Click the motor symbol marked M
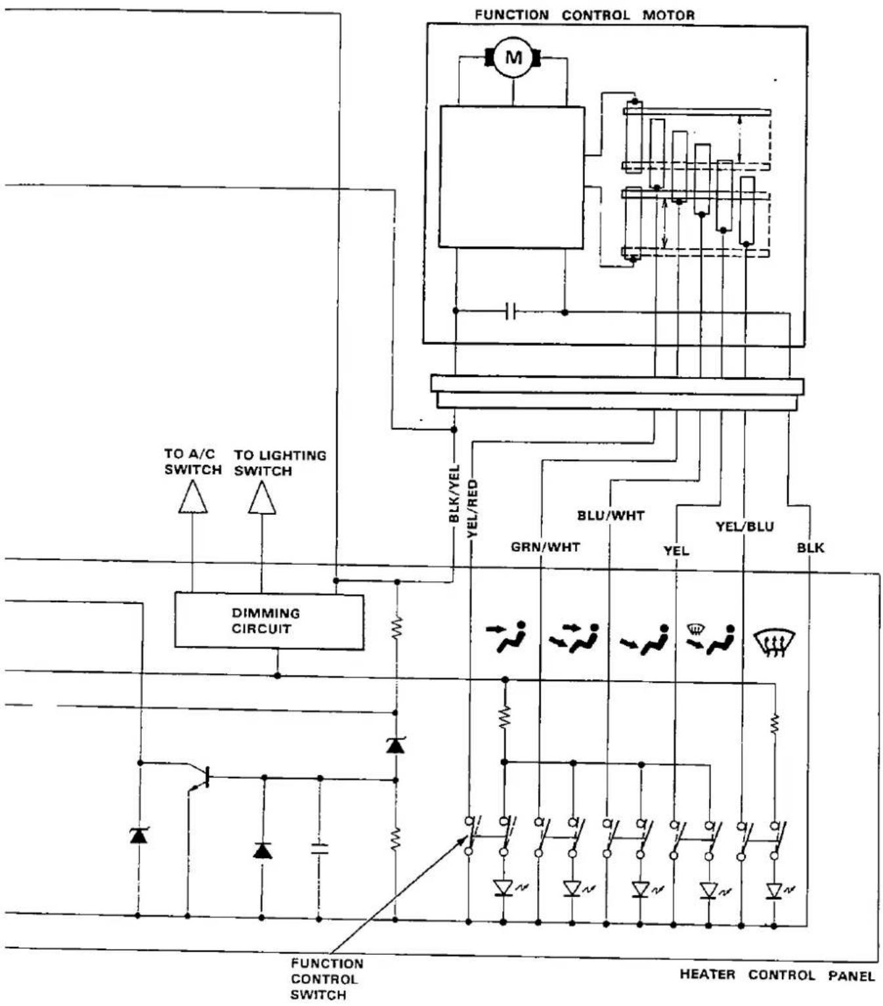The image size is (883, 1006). pyautogui.click(x=513, y=57)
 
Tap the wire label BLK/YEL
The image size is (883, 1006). pyautogui.click(x=454, y=494)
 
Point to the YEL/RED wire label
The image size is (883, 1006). pyautogui.click(x=472, y=508)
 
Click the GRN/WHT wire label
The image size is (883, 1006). pyautogui.click(x=545, y=547)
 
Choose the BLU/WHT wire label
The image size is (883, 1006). pyautogui.click(x=611, y=515)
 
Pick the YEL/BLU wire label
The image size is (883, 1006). pyautogui.click(x=744, y=527)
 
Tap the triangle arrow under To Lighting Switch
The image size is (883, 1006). pyautogui.click(x=262, y=498)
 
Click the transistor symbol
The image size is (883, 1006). pyautogui.click(x=201, y=777)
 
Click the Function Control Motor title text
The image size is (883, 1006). pyautogui.click(x=584, y=15)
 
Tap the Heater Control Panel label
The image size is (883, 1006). pyautogui.click(x=777, y=975)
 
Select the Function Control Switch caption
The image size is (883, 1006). pyautogui.click(x=326, y=979)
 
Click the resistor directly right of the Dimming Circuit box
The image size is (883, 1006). pyautogui.click(x=396, y=628)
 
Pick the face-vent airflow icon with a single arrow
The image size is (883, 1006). pyautogui.click(x=506, y=636)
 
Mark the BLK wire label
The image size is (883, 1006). pyautogui.click(x=810, y=548)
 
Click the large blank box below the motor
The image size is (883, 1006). pyautogui.click(x=511, y=177)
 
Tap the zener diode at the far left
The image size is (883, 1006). pyautogui.click(x=139, y=836)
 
